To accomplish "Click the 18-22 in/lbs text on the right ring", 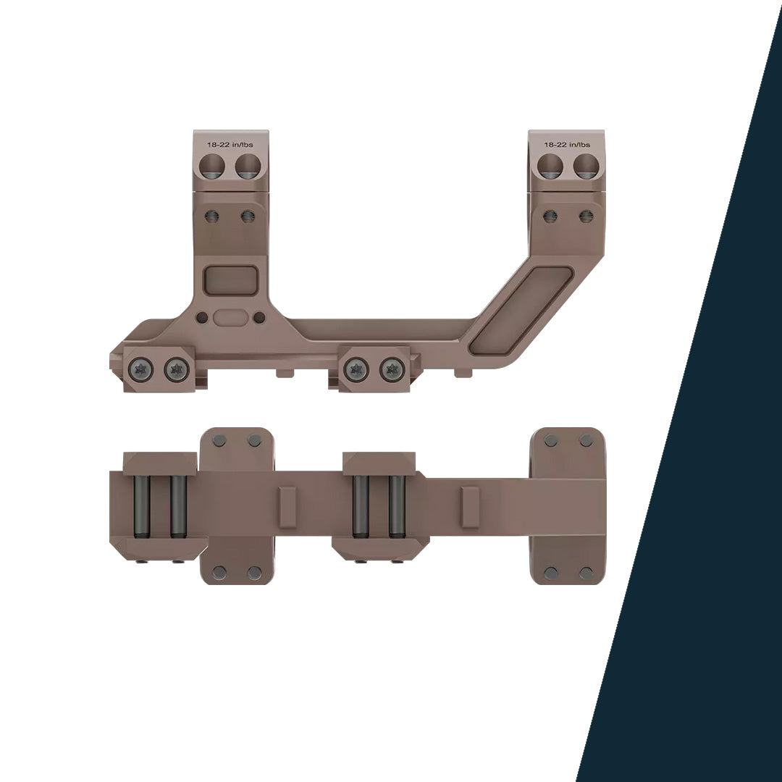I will [x=567, y=145].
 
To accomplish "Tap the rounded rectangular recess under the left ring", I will [x=231, y=280].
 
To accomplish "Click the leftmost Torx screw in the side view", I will [x=142, y=370].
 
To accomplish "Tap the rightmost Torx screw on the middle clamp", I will [x=392, y=370].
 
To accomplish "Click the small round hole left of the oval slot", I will [x=202, y=317].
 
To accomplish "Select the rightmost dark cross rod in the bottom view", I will [x=396, y=506].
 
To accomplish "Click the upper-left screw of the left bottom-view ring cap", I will [x=220, y=441].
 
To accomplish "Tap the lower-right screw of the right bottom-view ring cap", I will [x=586, y=573].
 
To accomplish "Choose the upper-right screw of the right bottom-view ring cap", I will [x=586, y=441].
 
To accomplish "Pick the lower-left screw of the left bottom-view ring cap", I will [x=220, y=573].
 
